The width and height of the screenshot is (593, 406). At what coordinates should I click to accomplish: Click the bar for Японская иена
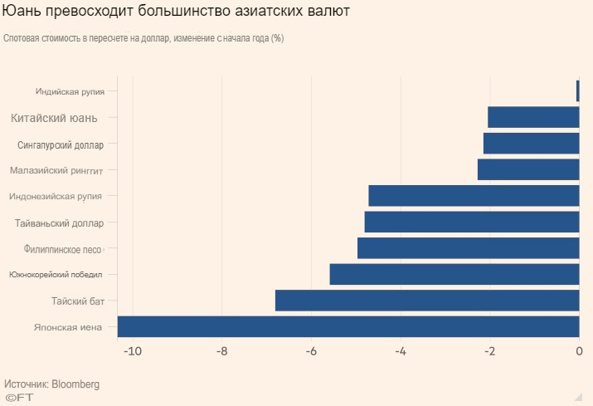pyautogui.click(x=348, y=327)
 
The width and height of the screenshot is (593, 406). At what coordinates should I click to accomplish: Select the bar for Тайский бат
pyautogui.click(x=427, y=301)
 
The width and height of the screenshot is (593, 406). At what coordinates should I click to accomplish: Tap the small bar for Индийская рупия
pyautogui.click(x=577, y=90)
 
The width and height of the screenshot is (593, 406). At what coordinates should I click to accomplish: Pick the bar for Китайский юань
pyautogui.click(x=533, y=118)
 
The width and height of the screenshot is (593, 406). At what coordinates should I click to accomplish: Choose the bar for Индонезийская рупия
pyautogui.click(x=474, y=196)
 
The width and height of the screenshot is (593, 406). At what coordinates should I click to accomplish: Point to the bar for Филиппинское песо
pyautogui.click(x=468, y=248)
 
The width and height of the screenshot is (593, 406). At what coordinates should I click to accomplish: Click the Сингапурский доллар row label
pyautogui.click(x=61, y=144)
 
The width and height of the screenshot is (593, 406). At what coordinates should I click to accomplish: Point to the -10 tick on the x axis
pyautogui.click(x=132, y=352)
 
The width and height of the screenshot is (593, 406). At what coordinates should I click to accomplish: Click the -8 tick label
pyautogui.click(x=221, y=352)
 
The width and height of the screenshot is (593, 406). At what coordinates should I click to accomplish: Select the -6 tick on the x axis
pyautogui.click(x=311, y=352)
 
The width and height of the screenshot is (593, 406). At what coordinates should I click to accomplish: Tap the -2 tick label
pyautogui.click(x=489, y=352)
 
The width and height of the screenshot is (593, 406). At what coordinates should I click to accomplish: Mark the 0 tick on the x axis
pyautogui.click(x=579, y=352)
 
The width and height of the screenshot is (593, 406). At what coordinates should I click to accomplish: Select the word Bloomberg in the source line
pyautogui.click(x=75, y=384)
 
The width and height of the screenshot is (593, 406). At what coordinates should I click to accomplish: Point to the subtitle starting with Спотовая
pyautogui.click(x=143, y=38)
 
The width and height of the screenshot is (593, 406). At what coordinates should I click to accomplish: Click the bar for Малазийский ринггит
pyautogui.click(x=528, y=170)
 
